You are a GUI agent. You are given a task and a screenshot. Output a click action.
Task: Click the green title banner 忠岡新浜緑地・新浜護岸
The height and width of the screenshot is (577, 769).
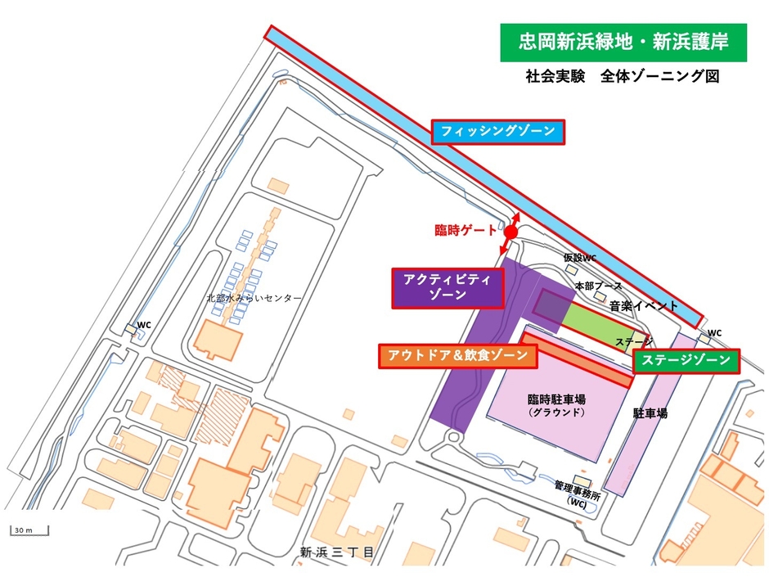pos(623,41)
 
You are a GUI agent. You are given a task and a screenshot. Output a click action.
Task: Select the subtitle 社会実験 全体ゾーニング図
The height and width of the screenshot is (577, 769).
pos(623,77)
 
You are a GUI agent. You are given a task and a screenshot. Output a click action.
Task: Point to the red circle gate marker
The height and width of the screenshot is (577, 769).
pos(510,233)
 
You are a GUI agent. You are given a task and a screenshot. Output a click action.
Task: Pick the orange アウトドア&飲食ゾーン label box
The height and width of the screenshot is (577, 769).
pos(457,355)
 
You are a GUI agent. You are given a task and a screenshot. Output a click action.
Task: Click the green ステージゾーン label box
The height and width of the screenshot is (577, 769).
pos(686,361)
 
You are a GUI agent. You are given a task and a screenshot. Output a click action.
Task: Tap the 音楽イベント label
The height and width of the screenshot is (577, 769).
pos(644,305)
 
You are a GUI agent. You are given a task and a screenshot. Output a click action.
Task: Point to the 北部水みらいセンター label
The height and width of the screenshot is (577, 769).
pos(254,298)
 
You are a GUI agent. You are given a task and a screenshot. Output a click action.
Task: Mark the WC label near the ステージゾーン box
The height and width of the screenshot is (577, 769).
pos(714,332)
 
